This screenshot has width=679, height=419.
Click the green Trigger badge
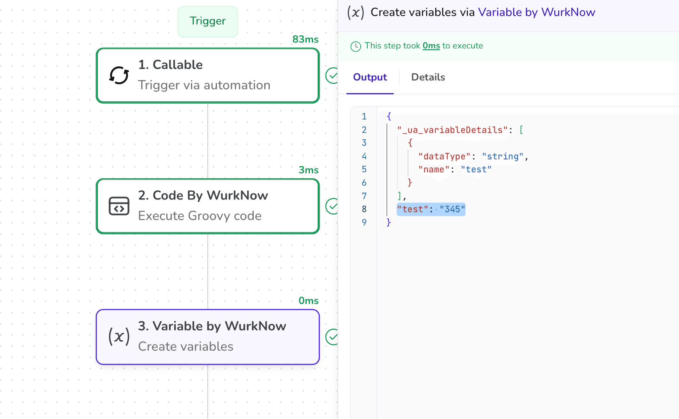207,21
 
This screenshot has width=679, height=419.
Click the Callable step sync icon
119,75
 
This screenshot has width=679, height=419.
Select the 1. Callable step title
170,64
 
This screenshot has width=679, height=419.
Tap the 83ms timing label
305,39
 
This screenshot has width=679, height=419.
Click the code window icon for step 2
119,206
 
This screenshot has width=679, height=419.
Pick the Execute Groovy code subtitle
200,216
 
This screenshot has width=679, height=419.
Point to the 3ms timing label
308,170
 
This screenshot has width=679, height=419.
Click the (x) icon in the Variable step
119,336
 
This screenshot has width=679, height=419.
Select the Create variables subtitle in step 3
185,346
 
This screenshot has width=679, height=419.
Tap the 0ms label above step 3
308,301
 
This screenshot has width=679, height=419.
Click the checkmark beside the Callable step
332,75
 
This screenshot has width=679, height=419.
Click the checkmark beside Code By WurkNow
332,206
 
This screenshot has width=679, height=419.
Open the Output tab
370,77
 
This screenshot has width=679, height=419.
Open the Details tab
428,77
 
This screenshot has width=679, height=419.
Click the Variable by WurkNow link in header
537,12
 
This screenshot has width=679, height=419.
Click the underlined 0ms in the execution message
431,46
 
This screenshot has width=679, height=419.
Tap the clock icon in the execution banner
356,46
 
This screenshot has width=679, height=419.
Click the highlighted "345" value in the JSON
452,209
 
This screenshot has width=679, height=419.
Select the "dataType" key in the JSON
444,156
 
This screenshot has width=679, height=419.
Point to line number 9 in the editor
364,222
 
